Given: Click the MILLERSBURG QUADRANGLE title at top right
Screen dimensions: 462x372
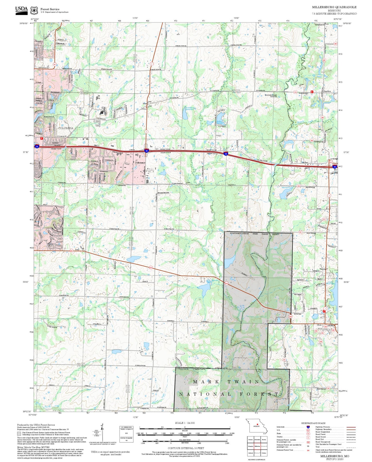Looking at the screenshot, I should [x=334, y=7].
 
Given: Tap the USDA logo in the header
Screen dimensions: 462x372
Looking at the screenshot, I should [x=21, y=10].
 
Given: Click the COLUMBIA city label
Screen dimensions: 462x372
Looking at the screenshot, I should [x=66, y=128].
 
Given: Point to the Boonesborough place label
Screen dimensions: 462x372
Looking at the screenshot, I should [x=271, y=95].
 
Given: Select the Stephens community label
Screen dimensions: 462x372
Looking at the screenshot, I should [x=327, y=91].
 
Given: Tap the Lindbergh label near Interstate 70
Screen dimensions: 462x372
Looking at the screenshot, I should [x=334, y=159].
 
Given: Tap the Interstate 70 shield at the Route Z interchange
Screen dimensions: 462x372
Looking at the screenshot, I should [x=146, y=151].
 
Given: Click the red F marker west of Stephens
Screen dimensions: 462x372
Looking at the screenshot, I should [x=312, y=92].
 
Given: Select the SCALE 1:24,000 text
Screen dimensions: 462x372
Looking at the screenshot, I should [x=185, y=423].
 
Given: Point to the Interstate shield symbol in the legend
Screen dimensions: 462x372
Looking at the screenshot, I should [x=308, y=427].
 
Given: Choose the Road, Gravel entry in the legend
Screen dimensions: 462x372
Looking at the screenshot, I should [x=321, y=437].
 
